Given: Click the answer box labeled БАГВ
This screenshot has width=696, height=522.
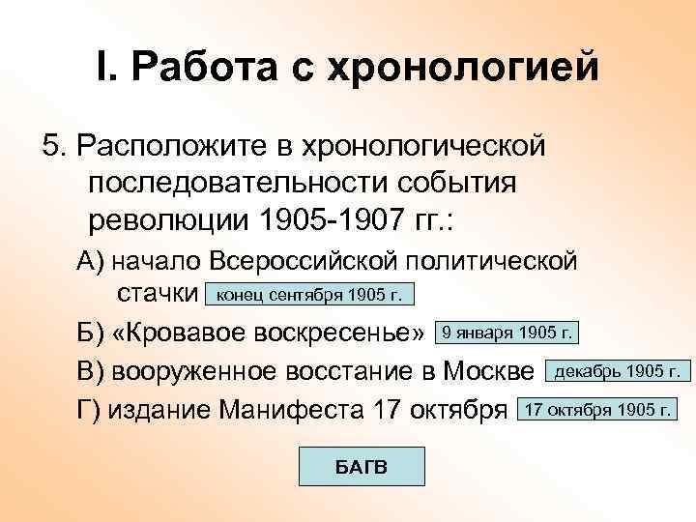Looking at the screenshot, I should coord(361,467).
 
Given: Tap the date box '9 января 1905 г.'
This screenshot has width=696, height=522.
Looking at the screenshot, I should coord(507,333).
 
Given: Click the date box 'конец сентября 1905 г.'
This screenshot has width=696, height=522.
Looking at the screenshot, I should coord(314,294).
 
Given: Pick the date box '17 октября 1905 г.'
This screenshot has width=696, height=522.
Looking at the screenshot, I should coord(596,409).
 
